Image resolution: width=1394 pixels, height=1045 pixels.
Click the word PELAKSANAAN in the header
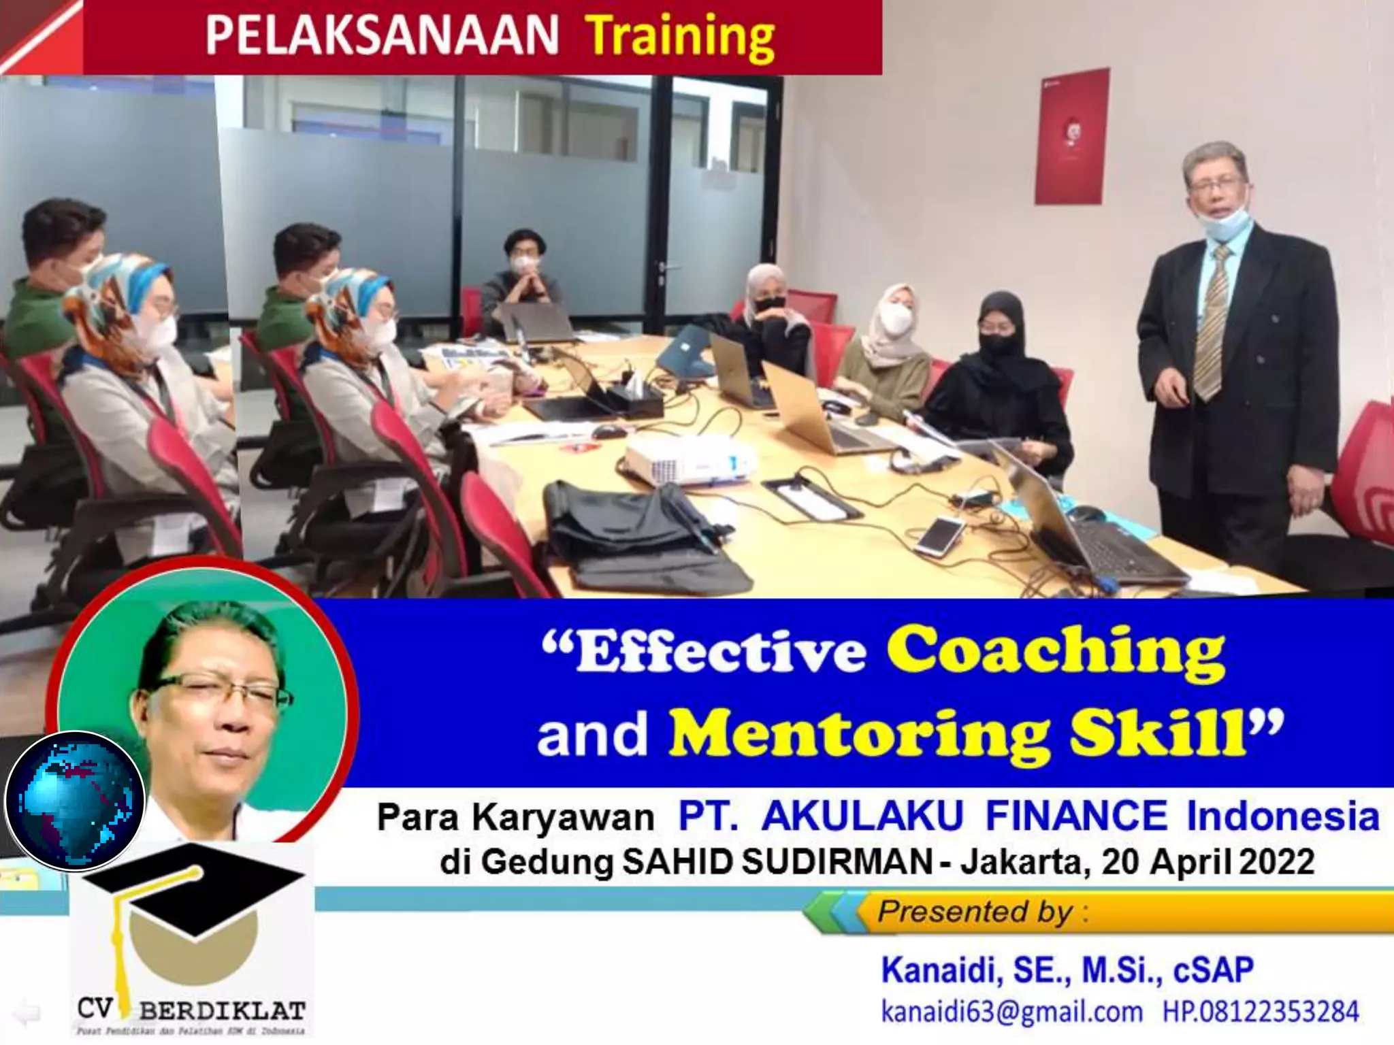point(382,35)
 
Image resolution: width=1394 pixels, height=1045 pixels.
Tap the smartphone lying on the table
point(939,534)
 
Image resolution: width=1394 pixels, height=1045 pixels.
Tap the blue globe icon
point(75,801)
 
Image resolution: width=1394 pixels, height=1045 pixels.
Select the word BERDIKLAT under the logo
point(222,1011)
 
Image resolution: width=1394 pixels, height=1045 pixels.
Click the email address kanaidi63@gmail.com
point(1011,1012)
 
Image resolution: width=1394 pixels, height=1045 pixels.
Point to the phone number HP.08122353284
point(1260,1012)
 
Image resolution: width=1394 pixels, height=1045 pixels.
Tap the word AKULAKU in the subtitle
point(862,816)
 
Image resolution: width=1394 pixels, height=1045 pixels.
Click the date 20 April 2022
point(1207,862)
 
